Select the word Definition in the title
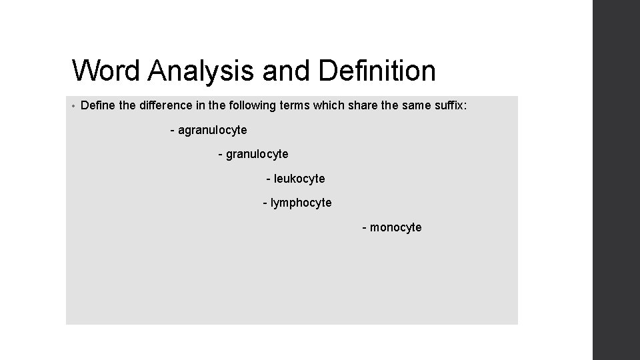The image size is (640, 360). click(378, 71)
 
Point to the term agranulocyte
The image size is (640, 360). click(212, 129)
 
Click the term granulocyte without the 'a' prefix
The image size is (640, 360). click(257, 154)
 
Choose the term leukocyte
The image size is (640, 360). click(299, 179)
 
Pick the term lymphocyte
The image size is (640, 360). click(301, 203)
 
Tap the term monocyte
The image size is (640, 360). click(395, 227)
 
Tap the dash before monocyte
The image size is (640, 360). click(364, 228)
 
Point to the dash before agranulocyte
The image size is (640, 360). click(173, 130)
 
